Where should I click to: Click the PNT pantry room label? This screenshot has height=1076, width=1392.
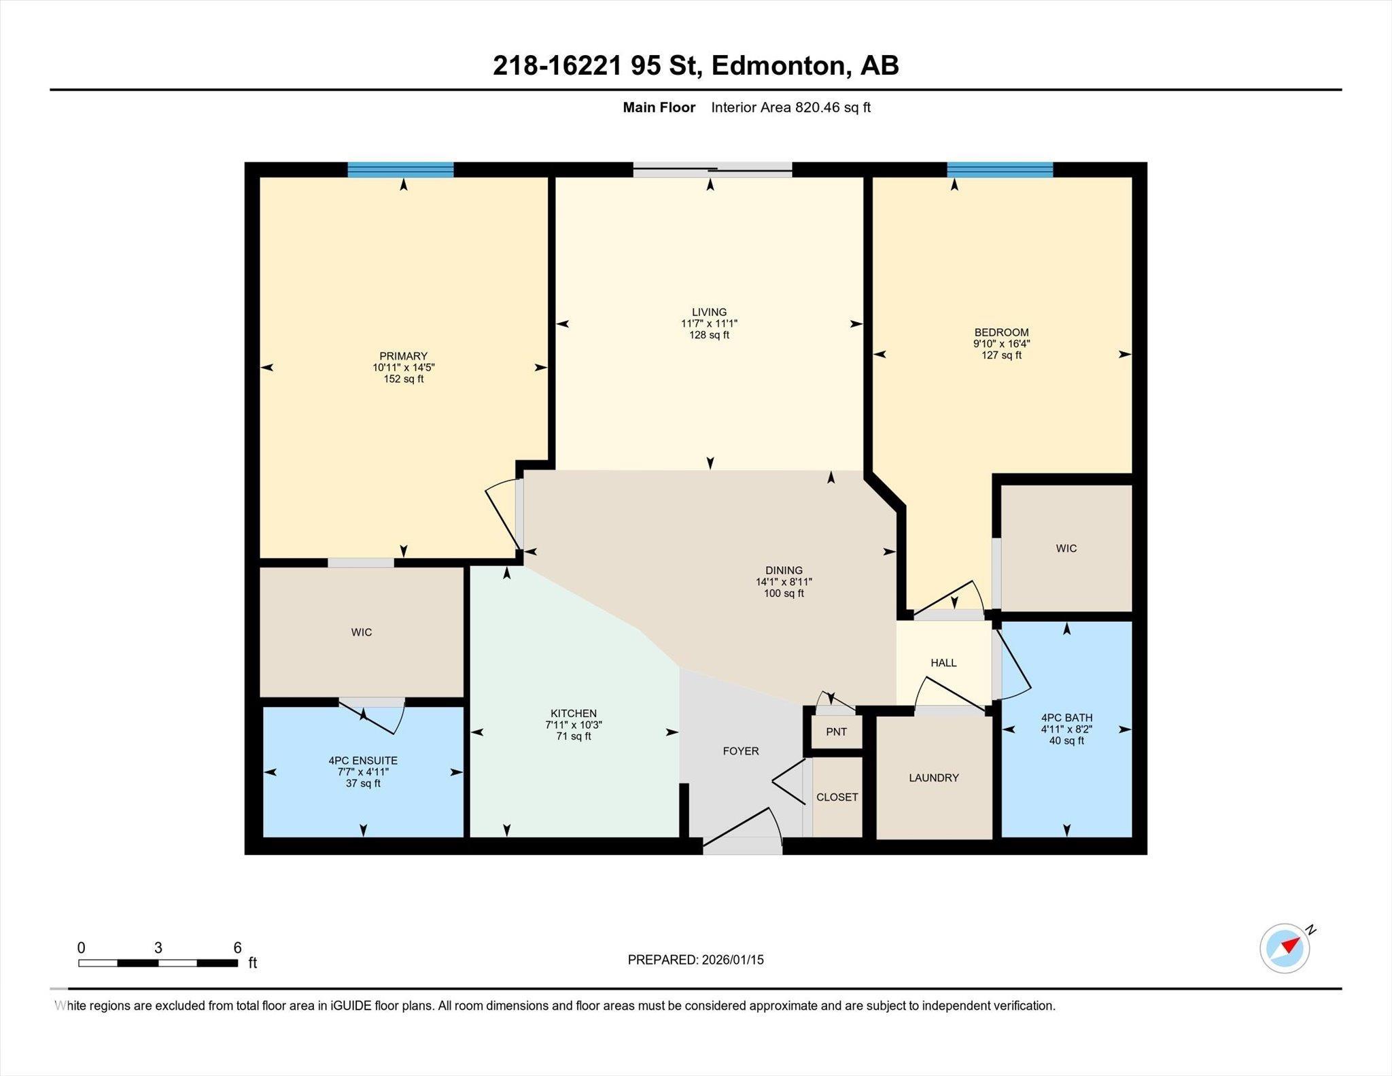[836, 731]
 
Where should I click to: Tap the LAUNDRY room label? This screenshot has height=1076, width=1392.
[934, 778]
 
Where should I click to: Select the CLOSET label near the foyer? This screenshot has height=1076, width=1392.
[837, 797]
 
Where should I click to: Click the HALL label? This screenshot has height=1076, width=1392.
[943, 663]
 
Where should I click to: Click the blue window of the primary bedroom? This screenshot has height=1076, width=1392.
[400, 169]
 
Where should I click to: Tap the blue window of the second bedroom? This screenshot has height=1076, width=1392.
[1000, 169]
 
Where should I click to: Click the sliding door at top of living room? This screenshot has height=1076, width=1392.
[712, 170]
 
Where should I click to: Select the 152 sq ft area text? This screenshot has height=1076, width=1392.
[404, 379]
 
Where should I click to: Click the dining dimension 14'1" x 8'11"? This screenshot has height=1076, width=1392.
[784, 582]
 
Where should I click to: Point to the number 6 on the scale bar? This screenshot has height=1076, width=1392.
[237, 948]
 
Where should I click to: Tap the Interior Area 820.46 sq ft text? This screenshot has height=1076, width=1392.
[790, 107]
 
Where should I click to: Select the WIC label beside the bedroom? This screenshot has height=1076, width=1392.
[1066, 549]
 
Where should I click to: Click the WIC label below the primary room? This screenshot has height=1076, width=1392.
[362, 632]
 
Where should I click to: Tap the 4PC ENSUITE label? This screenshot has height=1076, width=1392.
[363, 761]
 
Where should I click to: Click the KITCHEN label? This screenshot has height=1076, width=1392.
[574, 714]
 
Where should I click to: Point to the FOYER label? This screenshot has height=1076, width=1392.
[741, 751]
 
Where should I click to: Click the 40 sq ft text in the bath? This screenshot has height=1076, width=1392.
[1066, 740]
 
